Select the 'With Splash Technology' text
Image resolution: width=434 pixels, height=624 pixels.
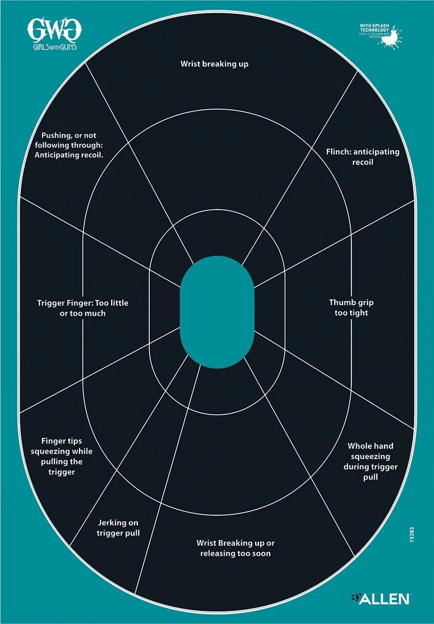tap(375, 28)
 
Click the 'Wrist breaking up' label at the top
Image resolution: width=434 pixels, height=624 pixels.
tap(215, 64)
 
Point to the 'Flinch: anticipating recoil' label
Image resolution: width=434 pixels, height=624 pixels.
tap(362, 157)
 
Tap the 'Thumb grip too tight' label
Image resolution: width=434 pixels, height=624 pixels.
tap(351, 307)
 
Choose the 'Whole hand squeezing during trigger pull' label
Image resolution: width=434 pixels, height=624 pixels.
tap(370, 461)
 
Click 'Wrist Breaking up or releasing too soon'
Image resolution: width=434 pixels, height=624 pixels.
tap(235, 548)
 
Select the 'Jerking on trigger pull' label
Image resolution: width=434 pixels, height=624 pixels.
tap(119, 527)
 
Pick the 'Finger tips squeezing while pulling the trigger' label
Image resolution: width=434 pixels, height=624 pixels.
tap(56, 456)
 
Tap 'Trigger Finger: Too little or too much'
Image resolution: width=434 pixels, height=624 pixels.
tap(83, 308)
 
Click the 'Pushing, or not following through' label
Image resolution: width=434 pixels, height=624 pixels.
tap(69, 145)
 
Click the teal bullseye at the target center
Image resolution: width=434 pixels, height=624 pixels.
tap(217, 312)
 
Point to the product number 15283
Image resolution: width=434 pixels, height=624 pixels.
tap(411, 535)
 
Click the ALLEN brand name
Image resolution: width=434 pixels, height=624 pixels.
tap(385, 599)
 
